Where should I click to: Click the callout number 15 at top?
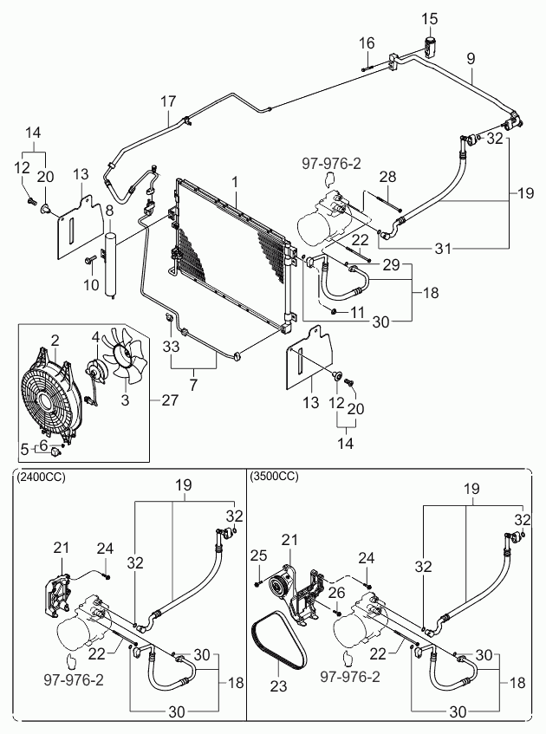pos(430,18)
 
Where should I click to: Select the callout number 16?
pos(367,42)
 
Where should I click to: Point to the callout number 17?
pos(168,101)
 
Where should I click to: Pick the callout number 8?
pos(109,211)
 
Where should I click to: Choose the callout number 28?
pos(388,177)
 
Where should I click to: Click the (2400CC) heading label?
pos(41,477)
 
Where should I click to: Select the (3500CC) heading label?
pos(274,477)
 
